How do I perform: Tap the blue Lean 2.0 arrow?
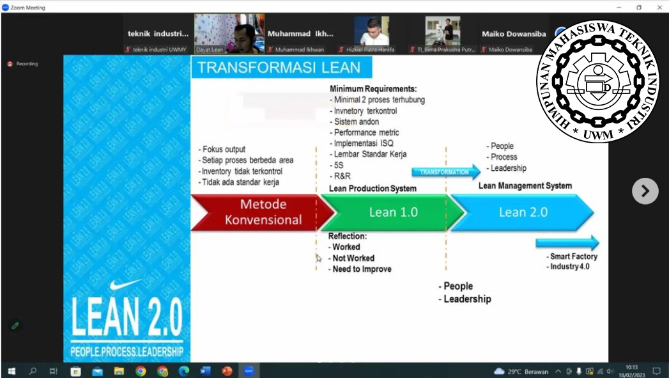pyautogui.click(x=523, y=212)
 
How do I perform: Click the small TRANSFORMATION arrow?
pyautogui.click(x=445, y=172)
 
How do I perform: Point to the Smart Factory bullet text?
pyautogui.click(x=573, y=256)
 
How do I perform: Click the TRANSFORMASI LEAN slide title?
pyautogui.click(x=279, y=68)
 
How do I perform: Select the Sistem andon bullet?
pyautogui.click(x=356, y=122)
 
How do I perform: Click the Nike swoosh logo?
pyautogui.click(x=126, y=285)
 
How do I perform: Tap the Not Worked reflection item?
pyautogui.click(x=353, y=258)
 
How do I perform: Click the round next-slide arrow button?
pyautogui.click(x=645, y=191)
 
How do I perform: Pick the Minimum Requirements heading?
pyautogui.click(x=373, y=89)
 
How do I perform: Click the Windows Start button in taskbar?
pyautogui.click(x=11, y=371)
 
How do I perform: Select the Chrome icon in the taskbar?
pyautogui.click(x=141, y=371)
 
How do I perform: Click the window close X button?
pyautogui.click(x=658, y=7)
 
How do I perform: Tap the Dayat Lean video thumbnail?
pyautogui.click(x=229, y=33)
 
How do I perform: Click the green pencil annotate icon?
pyautogui.click(x=15, y=326)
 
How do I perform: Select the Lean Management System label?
pyautogui.click(x=525, y=186)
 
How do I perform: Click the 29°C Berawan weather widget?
pyautogui.click(x=521, y=371)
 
